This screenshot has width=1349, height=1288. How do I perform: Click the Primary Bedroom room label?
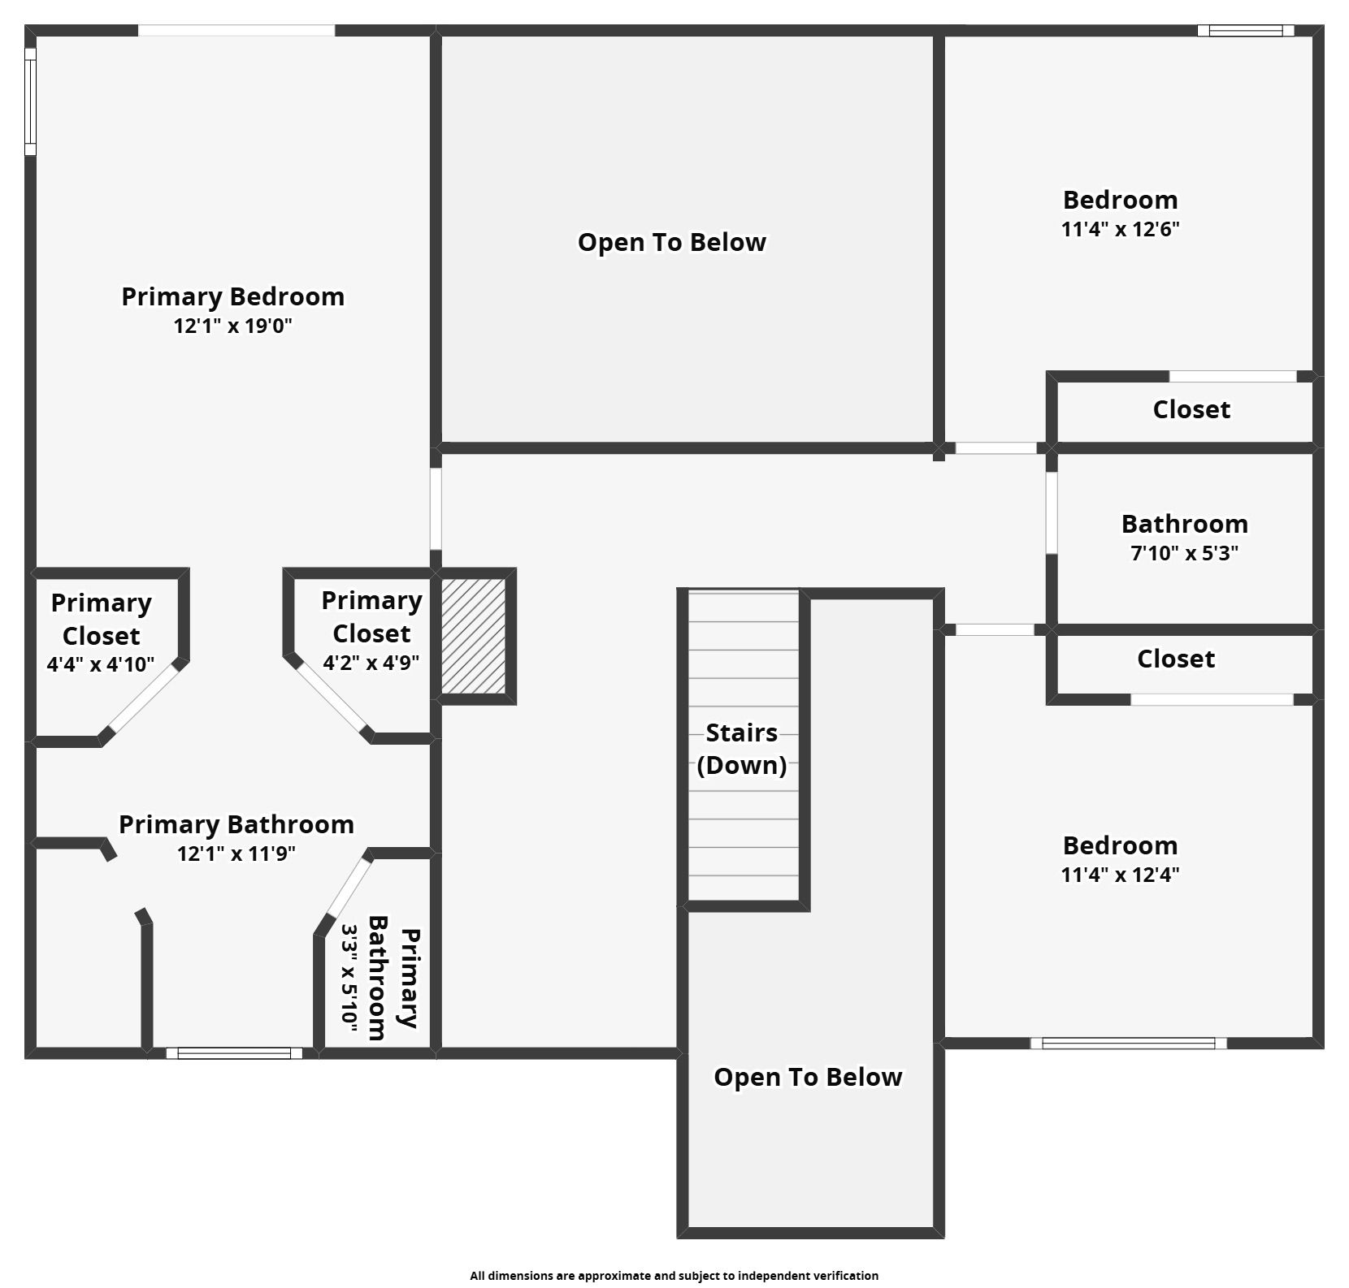coord(232,296)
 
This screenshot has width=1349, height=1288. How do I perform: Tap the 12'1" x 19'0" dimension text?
coord(232,326)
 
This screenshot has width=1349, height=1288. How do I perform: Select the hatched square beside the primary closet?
coord(473,636)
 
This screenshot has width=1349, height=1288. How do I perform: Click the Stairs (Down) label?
coord(742,749)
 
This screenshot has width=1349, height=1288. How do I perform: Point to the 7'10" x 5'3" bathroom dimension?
coord(1185,553)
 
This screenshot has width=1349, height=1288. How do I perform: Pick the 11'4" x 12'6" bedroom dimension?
coord(1120,229)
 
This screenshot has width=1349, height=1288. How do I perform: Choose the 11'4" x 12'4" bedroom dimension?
coord(1120,875)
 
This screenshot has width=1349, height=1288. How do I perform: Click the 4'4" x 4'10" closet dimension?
coord(101,664)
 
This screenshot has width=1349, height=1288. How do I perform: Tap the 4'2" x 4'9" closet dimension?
coord(371,663)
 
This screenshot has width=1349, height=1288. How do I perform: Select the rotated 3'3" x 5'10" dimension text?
coord(349,978)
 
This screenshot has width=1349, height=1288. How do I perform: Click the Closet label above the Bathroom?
coord(1191,409)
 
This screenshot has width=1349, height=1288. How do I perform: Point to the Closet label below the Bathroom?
coord(1176,659)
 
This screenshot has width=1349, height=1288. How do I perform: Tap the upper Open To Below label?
coord(672,242)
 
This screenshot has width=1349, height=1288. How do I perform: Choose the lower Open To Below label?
coord(808,1077)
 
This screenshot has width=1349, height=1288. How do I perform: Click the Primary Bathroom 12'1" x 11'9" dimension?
coord(236,854)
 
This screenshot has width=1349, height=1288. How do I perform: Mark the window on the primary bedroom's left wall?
coord(30,102)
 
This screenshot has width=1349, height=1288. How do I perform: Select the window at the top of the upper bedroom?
coord(1245,31)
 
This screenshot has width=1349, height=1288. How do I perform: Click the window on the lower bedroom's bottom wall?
coord(1129,1044)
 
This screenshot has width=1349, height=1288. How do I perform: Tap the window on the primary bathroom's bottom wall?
coord(234,1053)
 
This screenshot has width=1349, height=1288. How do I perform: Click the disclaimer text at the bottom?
coord(674,1276)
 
